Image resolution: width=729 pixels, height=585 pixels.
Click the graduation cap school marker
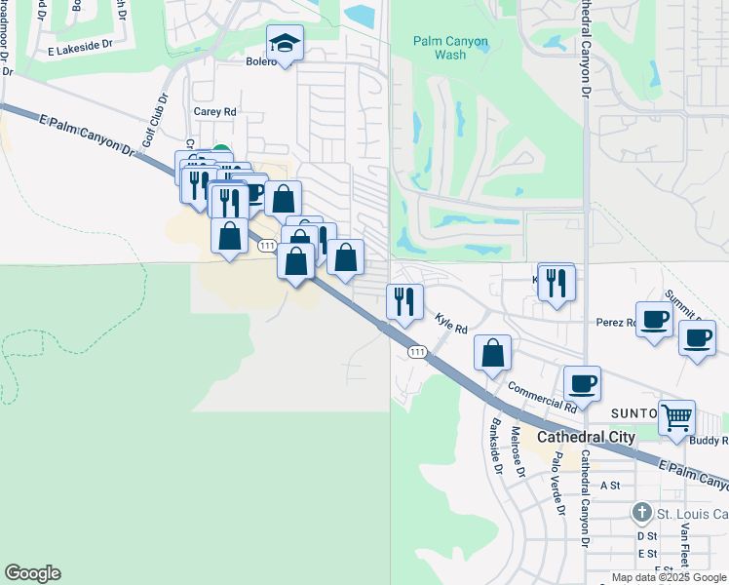[x=285, y=43]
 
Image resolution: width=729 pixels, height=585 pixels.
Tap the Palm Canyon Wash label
[x=451, y=48]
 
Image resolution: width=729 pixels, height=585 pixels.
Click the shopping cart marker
[x=676, y=417]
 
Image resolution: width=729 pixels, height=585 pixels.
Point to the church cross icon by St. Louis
[x=641, y=511]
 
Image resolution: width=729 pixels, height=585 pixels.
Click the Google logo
[x=32, y=573]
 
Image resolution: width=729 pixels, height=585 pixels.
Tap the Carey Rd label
[x=215, y=112]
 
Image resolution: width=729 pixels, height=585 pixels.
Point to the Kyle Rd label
[x=451, y=323]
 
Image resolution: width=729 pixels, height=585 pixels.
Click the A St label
[x=610, y=485]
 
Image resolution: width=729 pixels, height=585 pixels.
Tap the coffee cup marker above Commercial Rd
[x=582, y=383]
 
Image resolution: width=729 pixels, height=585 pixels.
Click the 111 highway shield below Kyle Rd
[x=417, y=352]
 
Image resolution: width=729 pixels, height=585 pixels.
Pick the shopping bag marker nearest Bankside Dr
[x=494, y=353]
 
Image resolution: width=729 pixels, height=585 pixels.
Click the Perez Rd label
[x=616, y=322]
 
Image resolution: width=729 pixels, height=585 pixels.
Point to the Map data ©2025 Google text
[x=668, y=577]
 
